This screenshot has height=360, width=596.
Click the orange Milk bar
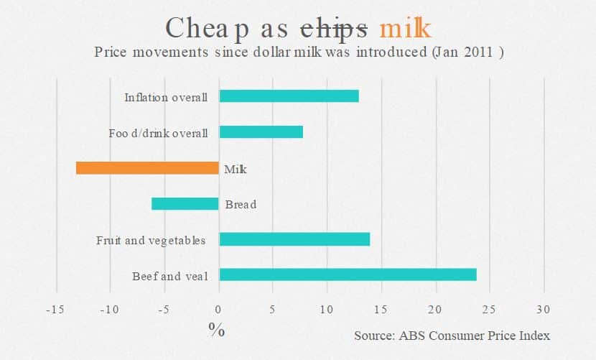pos(147,168)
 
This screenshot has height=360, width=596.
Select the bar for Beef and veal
pos(348,274)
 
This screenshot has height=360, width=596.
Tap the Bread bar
pos(185,204)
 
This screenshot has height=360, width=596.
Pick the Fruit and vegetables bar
pos(294,239)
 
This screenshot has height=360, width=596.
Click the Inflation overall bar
pos(289,96)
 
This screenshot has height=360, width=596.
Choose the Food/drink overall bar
pos(261,132)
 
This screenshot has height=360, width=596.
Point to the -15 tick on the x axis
pos(54,310)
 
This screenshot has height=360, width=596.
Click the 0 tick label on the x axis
pos(219,310)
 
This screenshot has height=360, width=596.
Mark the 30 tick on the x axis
pos(543,310)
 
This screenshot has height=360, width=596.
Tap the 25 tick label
pos(489,310)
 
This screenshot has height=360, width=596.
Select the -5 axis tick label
pos(163,310)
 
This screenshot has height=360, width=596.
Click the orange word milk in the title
pos(406,28)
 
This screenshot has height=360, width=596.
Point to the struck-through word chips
pos(334,28)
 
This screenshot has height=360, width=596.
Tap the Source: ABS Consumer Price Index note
pos(452,336)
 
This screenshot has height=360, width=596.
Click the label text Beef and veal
pos(169,276)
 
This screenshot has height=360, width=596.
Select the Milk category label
pos(236,169)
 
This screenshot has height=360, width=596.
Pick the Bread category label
pos(241,205)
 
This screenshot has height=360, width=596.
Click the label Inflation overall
pos(166,97)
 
